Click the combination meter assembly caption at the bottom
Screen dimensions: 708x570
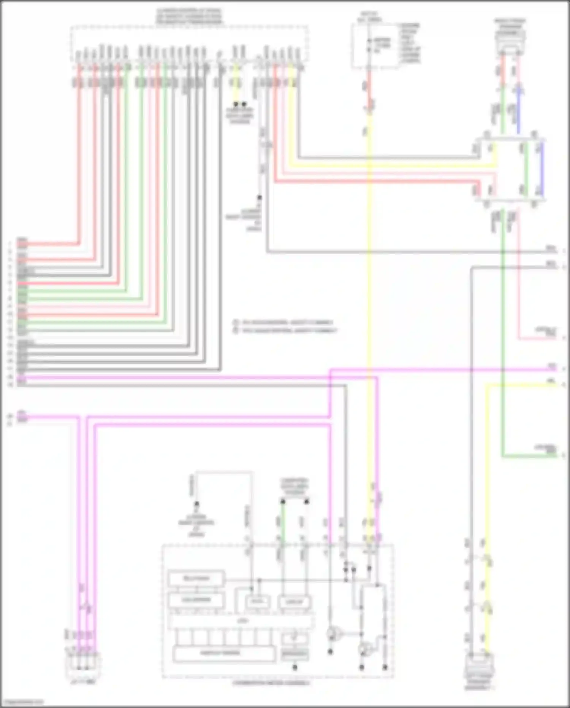271,683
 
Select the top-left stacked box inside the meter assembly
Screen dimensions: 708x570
196,579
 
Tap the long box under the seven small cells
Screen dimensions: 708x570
224,653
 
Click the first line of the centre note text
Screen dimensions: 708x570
284,323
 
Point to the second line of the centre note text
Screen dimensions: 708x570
286,330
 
